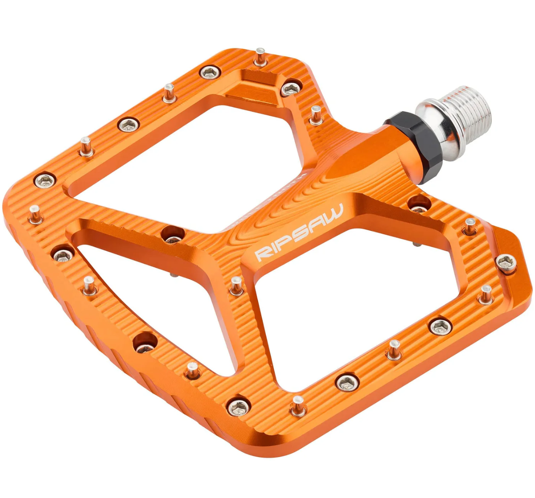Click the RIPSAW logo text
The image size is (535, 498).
click(x=299, y=232)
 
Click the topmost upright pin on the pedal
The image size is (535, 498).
click(x=260, y=57)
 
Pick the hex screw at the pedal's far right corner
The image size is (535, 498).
click(x=506, y=263)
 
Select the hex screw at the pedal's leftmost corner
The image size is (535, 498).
click(x=45, y=181)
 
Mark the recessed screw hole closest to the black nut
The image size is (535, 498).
click(x=419, y=205)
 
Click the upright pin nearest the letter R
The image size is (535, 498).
click(x=236, y=285)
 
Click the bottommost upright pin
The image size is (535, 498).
click(x=298, y=406)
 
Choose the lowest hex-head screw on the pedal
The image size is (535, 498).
click(x=239, y=408)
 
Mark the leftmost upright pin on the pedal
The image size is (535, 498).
click(x=35, y=215)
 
